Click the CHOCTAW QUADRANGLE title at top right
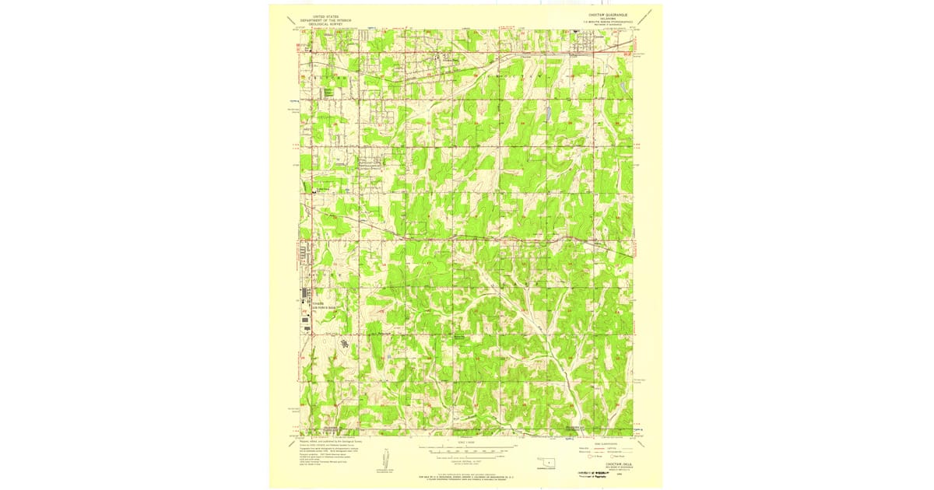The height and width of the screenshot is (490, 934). [606, 15]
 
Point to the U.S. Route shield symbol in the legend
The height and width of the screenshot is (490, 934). [590, 456]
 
